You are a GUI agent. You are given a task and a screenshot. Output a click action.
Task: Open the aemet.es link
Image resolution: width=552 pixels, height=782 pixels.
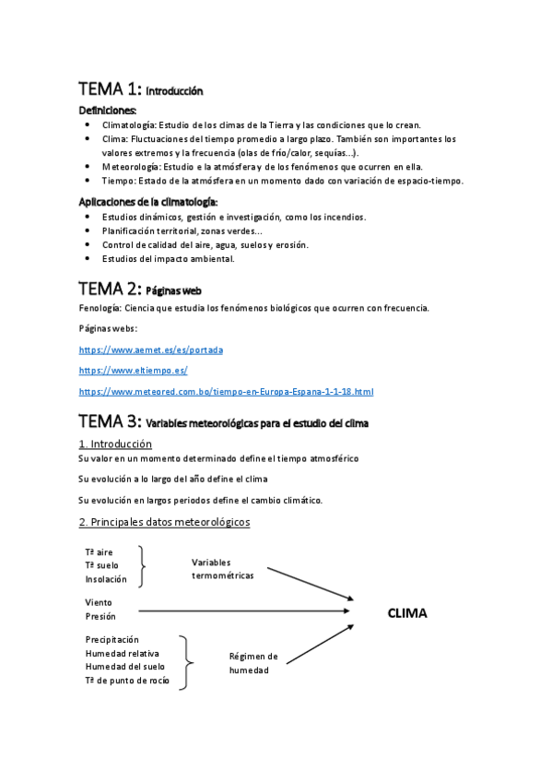(x=151, y=350)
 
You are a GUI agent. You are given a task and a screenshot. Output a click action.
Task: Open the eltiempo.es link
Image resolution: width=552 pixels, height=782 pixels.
(x=134, y=371)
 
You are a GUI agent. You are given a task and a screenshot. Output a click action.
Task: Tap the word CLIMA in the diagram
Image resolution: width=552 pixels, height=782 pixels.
(x=407, y=612)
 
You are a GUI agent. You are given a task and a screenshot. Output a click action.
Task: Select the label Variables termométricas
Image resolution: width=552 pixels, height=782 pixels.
(x=222, y=568)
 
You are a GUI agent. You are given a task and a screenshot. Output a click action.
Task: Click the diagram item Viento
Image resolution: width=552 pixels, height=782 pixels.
(x=99, y=602)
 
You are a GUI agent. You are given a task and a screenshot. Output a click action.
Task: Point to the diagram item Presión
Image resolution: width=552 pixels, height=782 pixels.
(x=100, y=616)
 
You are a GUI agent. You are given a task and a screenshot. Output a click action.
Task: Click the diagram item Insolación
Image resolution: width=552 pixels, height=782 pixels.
(x=107, y=579)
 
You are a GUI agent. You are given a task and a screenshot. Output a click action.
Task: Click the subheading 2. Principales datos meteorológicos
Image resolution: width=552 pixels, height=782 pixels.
(x=164, y=522)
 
